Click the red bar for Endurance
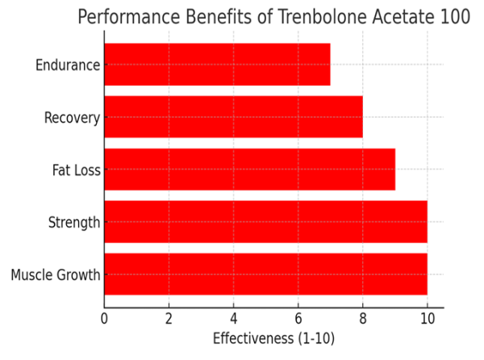[217, 65]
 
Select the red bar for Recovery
[233, 117]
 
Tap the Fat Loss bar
[249, 170]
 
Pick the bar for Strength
[265, 222]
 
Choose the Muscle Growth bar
[265, 274]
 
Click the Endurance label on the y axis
[68, 65]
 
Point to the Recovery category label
[72, 118]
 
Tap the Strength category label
[74, 223]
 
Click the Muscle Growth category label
[56, 275]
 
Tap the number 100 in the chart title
[453, 18]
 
